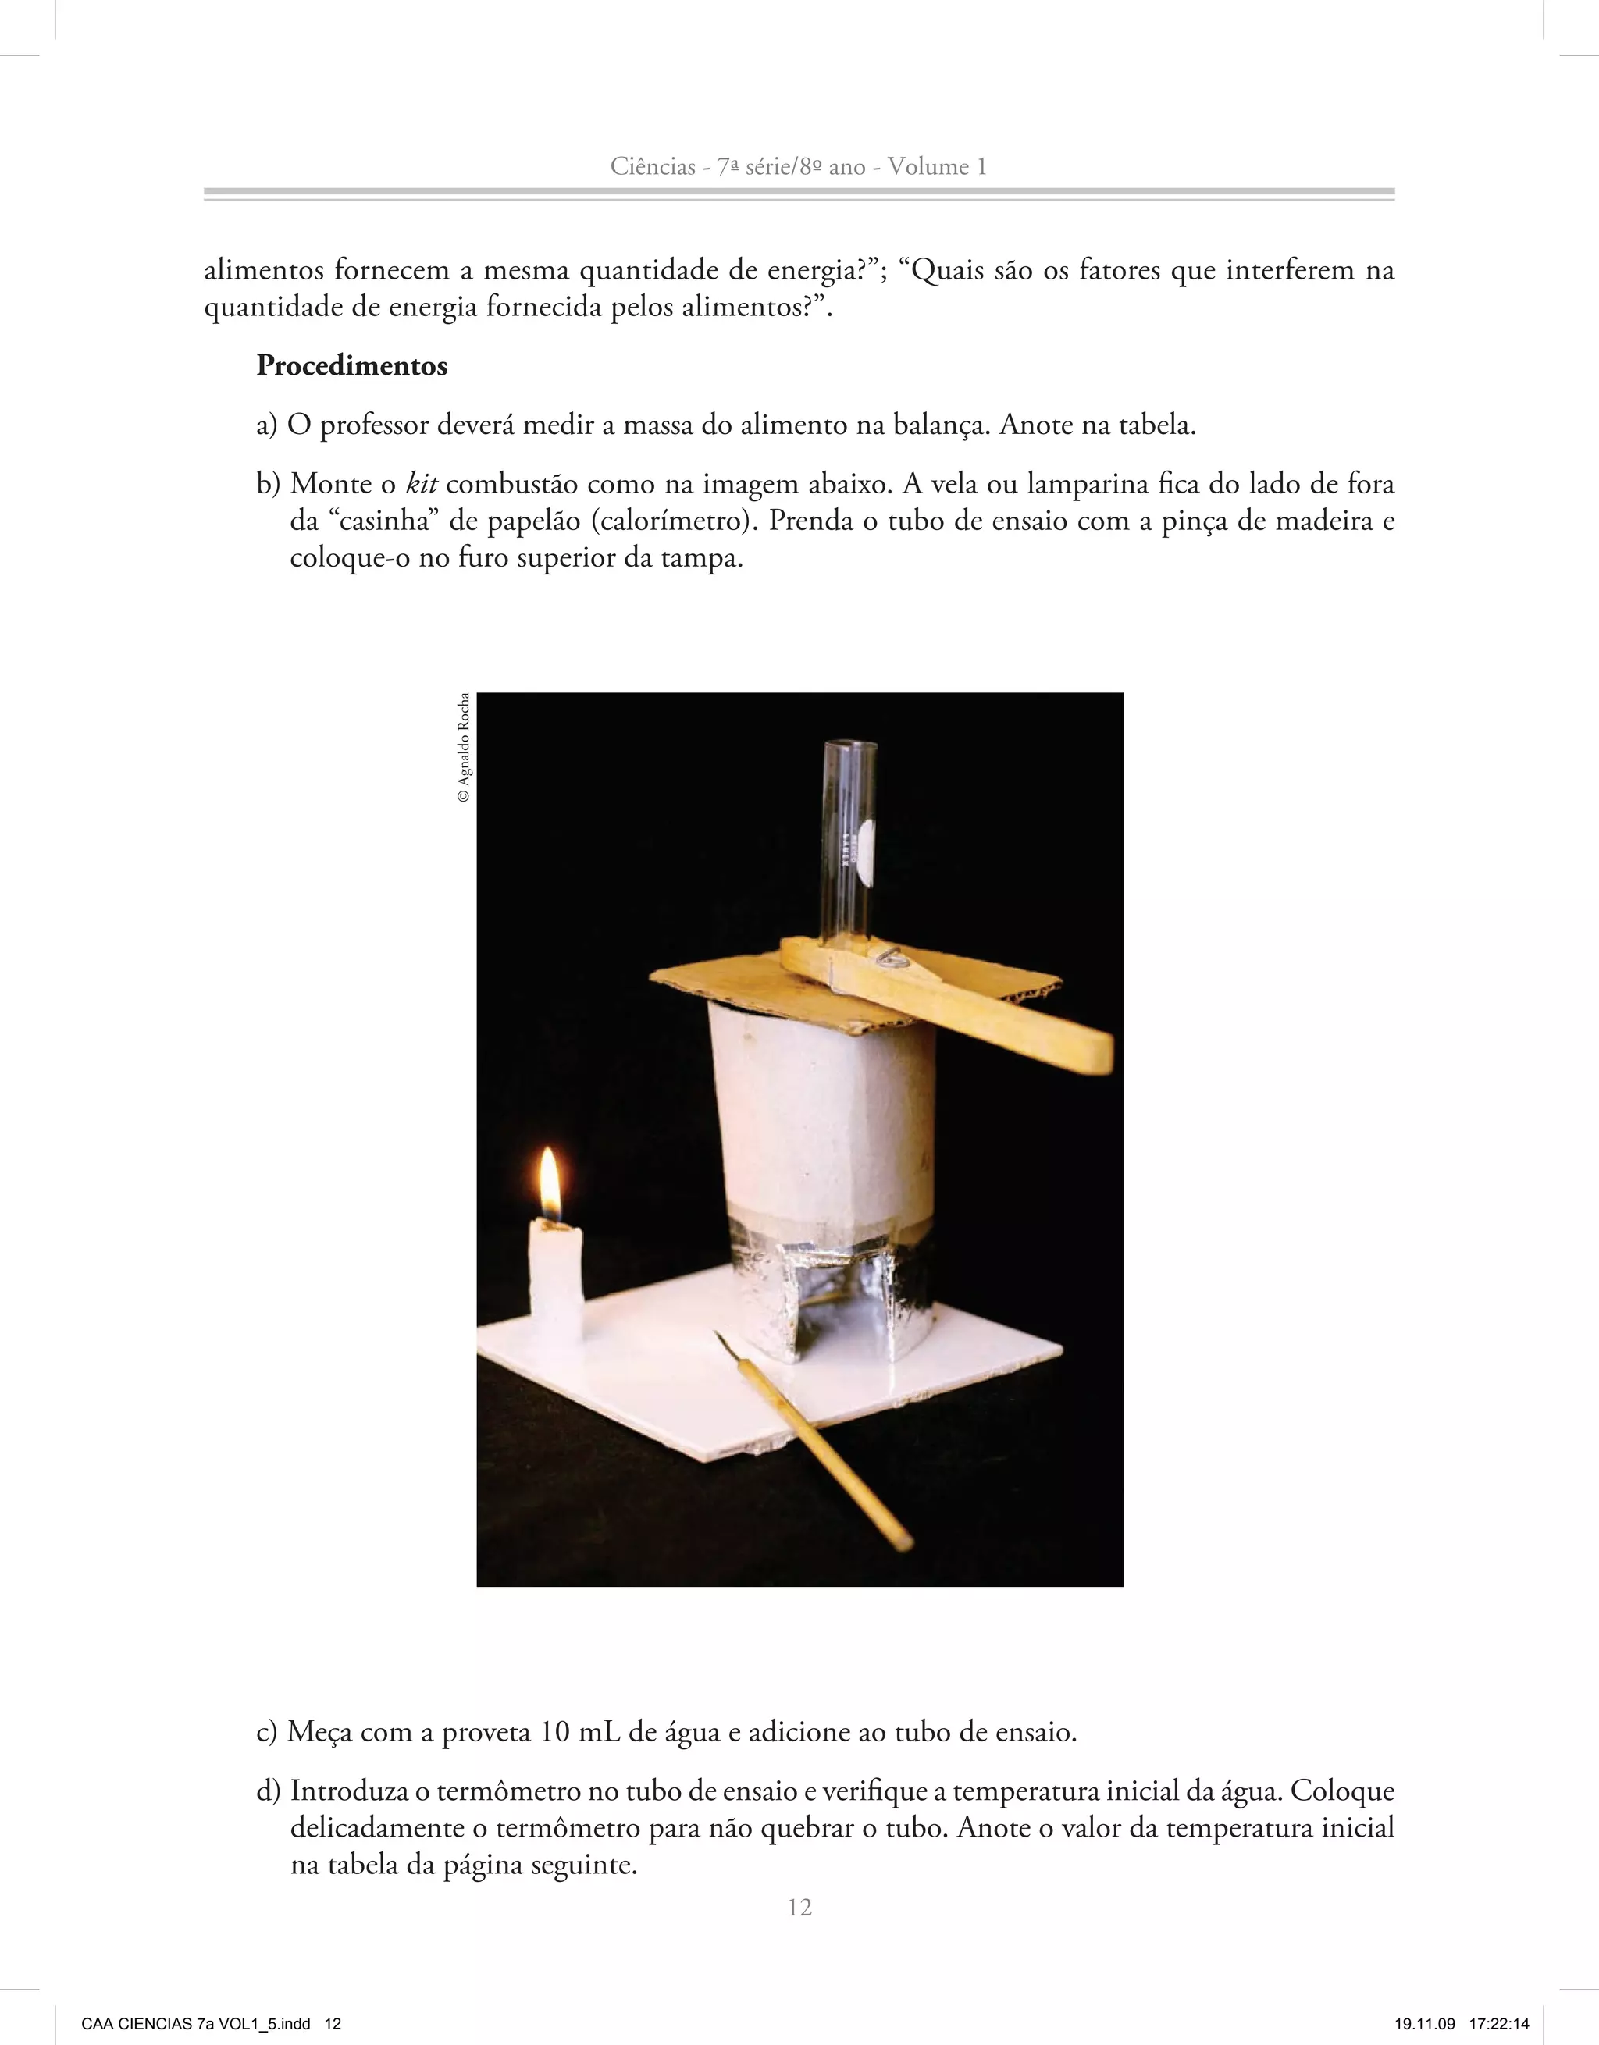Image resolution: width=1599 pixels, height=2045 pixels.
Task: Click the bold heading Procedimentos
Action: coord(351,365)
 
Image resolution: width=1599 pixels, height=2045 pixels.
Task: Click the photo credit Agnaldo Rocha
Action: coord(464,747)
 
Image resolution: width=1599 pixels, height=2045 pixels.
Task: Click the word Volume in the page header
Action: coord(928,167)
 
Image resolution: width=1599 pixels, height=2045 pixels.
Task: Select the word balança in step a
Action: coord(939,425)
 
